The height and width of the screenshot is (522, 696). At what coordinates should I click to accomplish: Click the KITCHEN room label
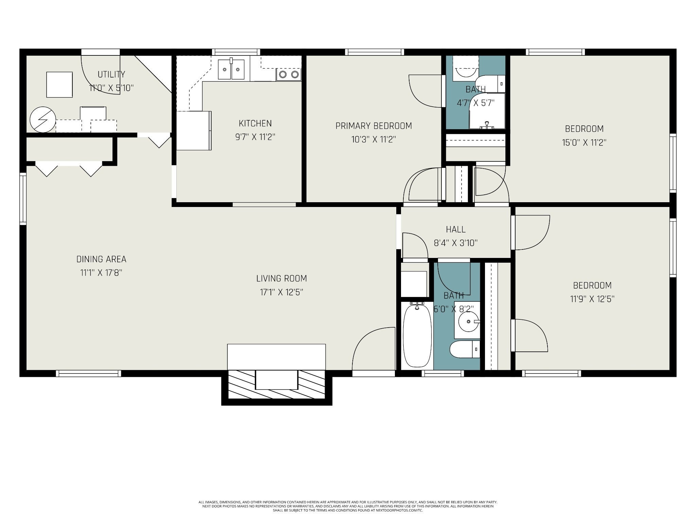pyautogui.click(x=255, y=123)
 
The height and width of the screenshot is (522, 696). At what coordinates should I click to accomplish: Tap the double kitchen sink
pyautogui.click(x=231, y=69)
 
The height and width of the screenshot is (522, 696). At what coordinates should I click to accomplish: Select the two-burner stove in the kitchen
pyautogui.click(x=289, y=74)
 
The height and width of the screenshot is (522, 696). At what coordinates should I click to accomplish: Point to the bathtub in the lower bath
pyautogui.click(x=417, y=335)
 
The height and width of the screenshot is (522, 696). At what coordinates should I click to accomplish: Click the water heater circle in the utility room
pyautogui.click(x=42, y=120)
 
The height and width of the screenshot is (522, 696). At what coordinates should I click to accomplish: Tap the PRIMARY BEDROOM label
pyautogui.click(x=374, y=126)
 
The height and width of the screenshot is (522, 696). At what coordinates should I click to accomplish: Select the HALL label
pyautogui.click(x=456, y=229)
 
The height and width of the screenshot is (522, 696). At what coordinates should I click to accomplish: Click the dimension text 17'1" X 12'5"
pyautogui.click(x=282, y=292)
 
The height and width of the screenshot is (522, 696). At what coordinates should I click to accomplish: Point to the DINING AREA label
pyautogui.click(x=101, y=259)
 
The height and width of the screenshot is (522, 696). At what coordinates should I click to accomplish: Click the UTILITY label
pyautogui.click(x=111, y=74)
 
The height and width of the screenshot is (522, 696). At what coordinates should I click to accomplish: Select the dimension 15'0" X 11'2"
pyautogui.click(x=584, y=142)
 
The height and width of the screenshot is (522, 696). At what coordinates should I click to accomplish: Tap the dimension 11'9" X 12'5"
pyautogui.click(x=592, y=299)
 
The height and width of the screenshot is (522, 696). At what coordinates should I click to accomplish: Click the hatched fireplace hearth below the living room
pyautogui.click(x=277, y=384)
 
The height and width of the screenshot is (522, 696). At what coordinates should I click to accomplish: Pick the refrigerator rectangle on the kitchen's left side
pyautogui.click(x=194, y=130)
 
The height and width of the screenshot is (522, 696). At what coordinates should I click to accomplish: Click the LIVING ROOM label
pyautogui.click(x=282, y=279)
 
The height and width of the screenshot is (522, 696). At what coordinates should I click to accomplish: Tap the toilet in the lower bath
pyautogui.click(x=465, y=349)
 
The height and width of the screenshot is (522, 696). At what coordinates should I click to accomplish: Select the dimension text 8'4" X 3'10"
pyautogui.click(x=456, y=243)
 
